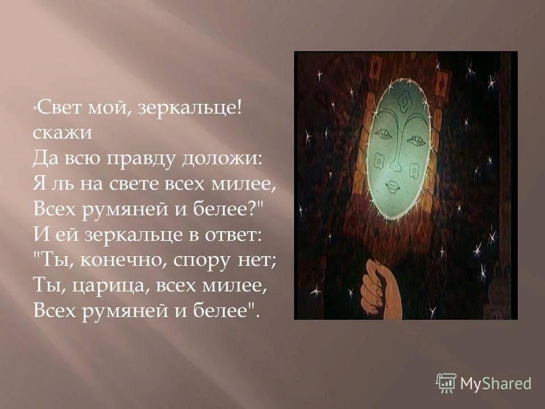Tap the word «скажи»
63,133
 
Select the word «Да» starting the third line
44,159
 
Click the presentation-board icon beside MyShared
446,383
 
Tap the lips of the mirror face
393,187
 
